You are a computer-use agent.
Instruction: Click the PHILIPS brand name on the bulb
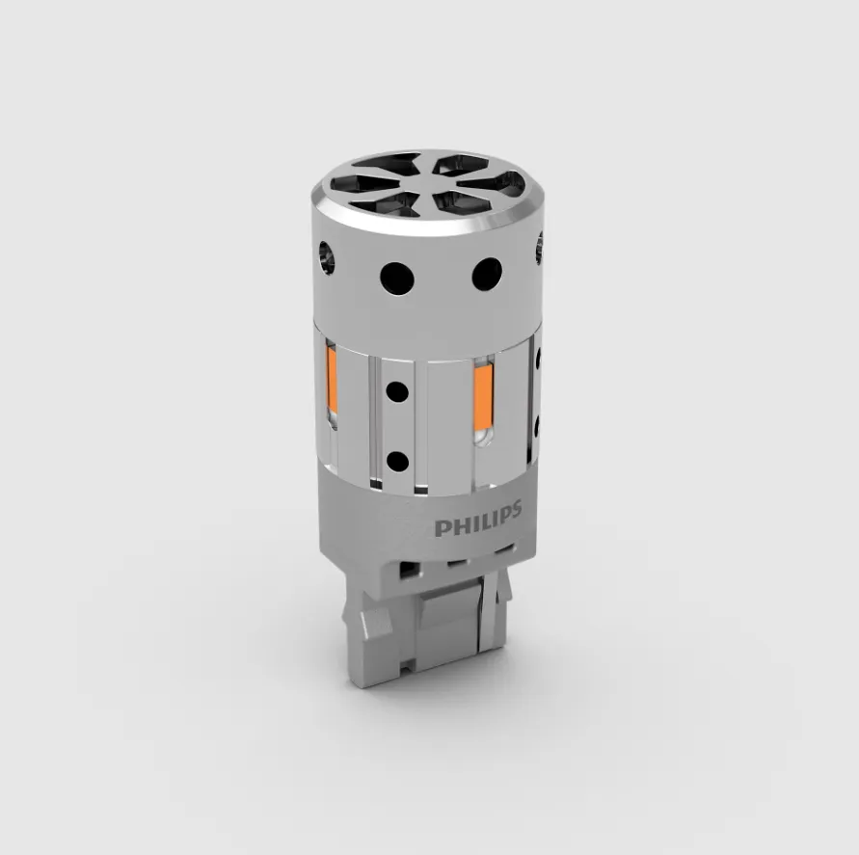pyautogui.click(x=478, y=520)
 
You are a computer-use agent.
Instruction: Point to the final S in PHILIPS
pyautogui.click(x=515, y=511)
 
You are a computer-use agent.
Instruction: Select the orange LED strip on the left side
pyautogui.click(x=331, y=380)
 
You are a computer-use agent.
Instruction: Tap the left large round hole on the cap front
pyautogui.click(x=397, y=279)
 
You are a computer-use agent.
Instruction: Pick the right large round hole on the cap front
pyautogui.click(x=487, y=274)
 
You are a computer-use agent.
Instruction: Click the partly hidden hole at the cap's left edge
pyautogui.click(x=326, y=257)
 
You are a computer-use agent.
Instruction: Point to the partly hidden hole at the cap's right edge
pyautogui.click(x=539, y=248)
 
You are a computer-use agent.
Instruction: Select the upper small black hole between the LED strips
pyautogui.click(x=397, y=392)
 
